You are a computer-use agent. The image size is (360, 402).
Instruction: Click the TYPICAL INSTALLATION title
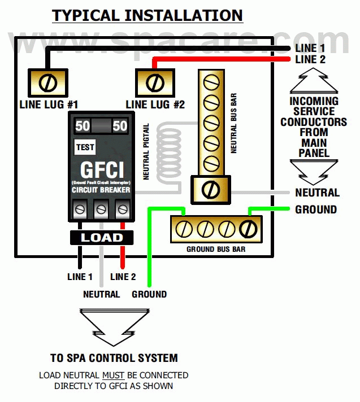(148, 15)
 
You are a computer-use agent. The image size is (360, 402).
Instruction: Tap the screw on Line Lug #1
(48, 83)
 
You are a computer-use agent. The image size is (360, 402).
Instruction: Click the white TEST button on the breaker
(85, 147)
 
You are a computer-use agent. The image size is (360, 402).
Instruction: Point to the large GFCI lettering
(101, 170)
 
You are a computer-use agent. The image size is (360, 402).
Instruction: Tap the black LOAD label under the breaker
(102, 238)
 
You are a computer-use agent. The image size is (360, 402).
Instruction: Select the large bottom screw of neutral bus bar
(210, 187)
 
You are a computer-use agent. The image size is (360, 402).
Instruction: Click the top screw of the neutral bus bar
(210, 84)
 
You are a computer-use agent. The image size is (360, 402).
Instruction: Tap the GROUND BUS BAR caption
(216, 249)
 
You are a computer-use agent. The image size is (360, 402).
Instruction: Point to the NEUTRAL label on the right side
(317, 193)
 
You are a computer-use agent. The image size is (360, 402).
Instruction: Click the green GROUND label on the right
(316, 209)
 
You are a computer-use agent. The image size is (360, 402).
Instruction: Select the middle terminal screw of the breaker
(101, 209)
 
